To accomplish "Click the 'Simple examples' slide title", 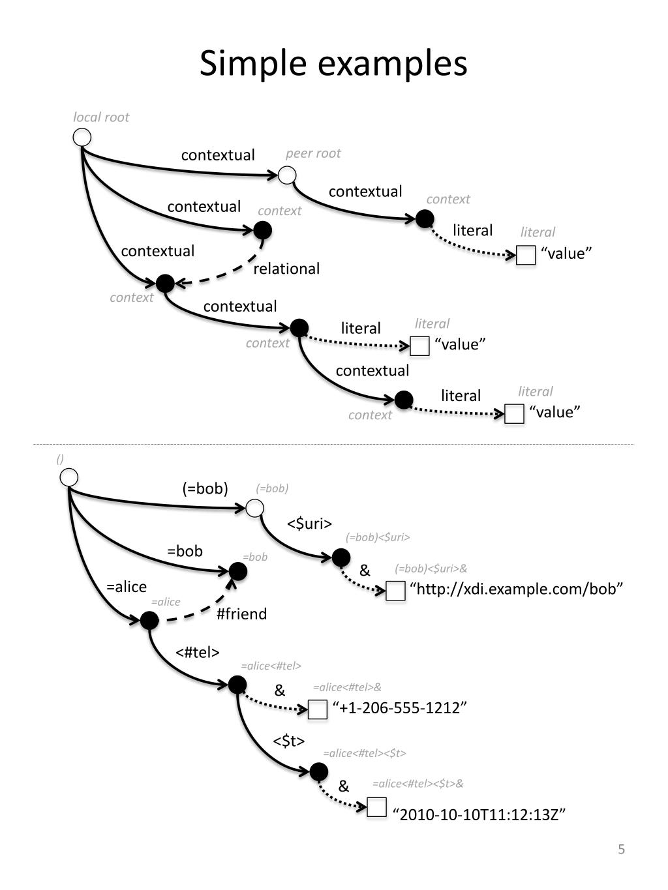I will point(333,64).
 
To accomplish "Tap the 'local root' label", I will point(101,117).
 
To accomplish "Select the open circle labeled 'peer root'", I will point(287,175).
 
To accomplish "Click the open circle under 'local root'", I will point(82,138).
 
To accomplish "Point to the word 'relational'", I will point(286,269).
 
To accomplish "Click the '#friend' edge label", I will point(241,614).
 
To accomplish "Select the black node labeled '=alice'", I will point(149,620).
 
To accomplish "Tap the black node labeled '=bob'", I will point(237,572).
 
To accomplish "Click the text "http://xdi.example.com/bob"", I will point(516,589).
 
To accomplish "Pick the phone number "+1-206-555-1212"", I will point(400,708).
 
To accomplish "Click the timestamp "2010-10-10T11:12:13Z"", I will point(479,814).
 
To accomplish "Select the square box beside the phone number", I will point(318,709).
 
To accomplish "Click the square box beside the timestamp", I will point(377,807).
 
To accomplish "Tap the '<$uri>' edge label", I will point(309,524).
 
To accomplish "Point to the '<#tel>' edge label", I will point(198,652).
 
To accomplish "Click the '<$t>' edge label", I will point(289,741).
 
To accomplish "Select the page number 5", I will point(621,849).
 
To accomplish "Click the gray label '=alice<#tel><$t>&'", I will point(417,784).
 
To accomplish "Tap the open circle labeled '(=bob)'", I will point(254,508).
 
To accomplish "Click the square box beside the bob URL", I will point(395,591).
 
